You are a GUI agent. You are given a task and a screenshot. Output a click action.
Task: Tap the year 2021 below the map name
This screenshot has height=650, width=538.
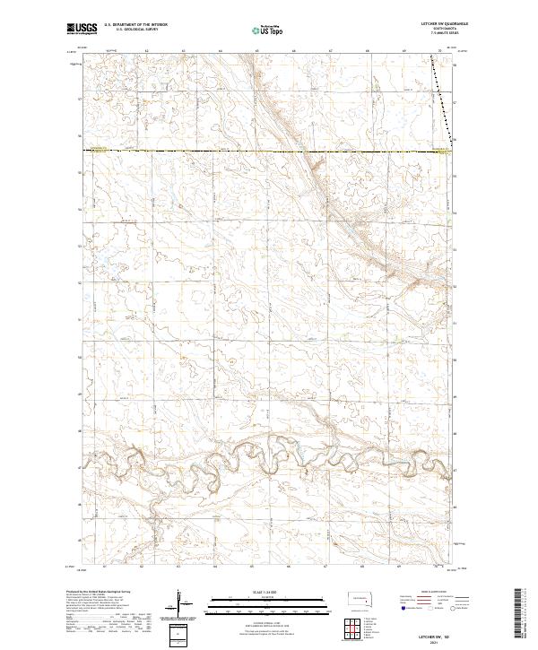434,642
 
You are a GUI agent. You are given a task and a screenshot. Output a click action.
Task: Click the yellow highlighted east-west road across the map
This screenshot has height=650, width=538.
269,152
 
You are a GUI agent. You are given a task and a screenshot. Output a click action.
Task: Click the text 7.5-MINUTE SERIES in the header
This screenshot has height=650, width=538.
438,33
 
